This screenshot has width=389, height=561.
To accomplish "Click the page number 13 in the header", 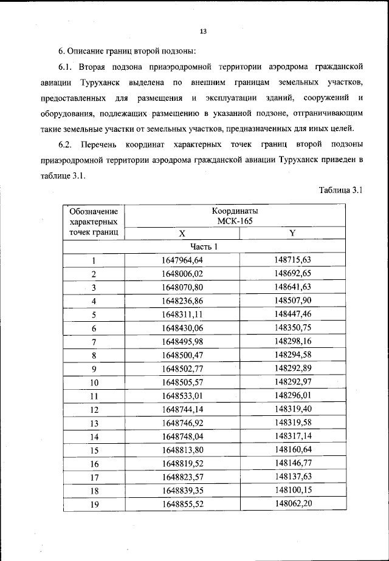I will point(204,31).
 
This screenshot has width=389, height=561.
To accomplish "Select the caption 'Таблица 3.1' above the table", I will point(340,190).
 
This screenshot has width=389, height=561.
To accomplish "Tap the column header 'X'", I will point(182,233).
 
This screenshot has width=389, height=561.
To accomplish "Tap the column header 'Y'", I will point(292,233).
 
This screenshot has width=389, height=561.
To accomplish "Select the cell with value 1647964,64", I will point(182,260).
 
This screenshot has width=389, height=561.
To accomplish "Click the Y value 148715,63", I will point(292,260).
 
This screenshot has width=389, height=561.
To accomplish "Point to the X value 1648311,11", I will point(182,314).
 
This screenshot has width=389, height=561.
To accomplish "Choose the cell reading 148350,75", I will point(292,328).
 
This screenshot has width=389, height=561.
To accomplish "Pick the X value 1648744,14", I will point(182,409).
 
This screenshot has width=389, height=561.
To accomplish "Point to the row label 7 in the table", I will point(94,342).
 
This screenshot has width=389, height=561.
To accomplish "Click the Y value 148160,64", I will point(292,450).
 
